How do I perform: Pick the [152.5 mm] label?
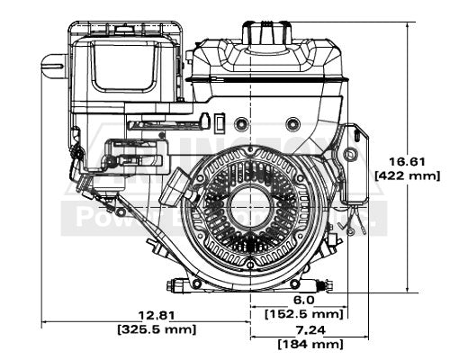(x=303, y=314)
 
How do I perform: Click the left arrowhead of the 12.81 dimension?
(x=46, y=321)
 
